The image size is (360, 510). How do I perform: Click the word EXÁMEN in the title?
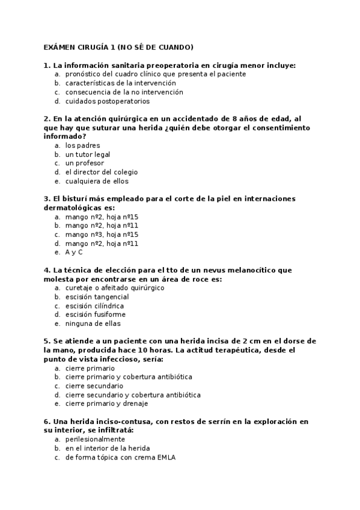(59, 47)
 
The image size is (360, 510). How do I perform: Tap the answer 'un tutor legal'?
(88, 155)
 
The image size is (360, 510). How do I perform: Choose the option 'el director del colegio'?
(101, 172)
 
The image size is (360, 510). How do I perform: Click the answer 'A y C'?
(74, 252)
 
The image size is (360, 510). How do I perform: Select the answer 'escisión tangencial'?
(97, 296)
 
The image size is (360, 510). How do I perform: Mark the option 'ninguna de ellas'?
(93, 323)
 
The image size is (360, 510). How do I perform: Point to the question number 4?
(47, 270)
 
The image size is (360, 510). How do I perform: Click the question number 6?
(47, 422)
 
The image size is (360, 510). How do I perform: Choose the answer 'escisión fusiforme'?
(95, 314)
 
